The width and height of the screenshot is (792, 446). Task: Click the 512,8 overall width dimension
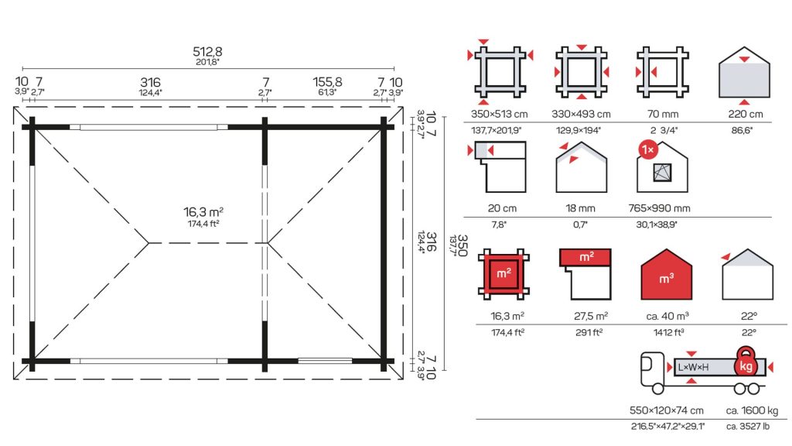click(x=207, y=52)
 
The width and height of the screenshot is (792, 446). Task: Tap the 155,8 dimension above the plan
click(x=327, y=82)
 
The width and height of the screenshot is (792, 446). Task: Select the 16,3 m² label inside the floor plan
click(x=203, y=212)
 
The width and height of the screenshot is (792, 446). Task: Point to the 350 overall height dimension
click(x=462, y=245)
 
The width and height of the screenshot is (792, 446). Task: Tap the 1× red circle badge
click(x=648, y=150)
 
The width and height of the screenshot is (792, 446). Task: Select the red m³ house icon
click(x=666, y=275)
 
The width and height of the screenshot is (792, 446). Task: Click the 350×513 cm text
click(x=499, y=115)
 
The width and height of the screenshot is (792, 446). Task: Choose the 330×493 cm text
click(x=581, y=115)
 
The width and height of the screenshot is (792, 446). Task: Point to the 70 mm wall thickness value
click(x=663, y=115)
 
